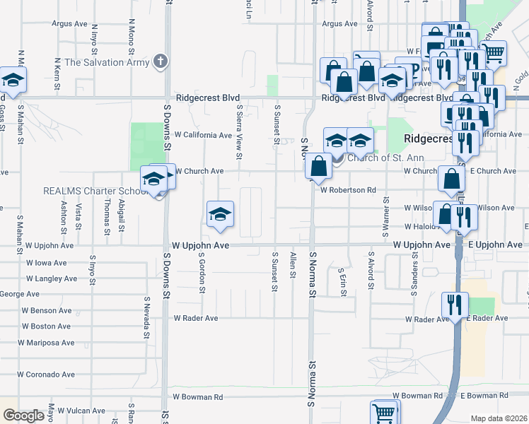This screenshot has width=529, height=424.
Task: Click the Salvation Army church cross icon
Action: (161, 61)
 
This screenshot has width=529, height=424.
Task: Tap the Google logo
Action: (23, 416)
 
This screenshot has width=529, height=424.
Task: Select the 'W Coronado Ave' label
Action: (47, 375)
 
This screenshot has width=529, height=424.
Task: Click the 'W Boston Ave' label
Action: (46, 326)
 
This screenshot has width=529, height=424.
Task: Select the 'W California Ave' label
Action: (204, 135)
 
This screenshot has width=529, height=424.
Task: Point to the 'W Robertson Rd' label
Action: (347, 189)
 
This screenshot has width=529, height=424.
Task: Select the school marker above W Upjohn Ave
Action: (220, 213)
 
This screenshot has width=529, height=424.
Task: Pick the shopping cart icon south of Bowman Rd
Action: (384, 412)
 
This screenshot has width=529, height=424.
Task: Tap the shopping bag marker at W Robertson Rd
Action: (319, 166)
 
